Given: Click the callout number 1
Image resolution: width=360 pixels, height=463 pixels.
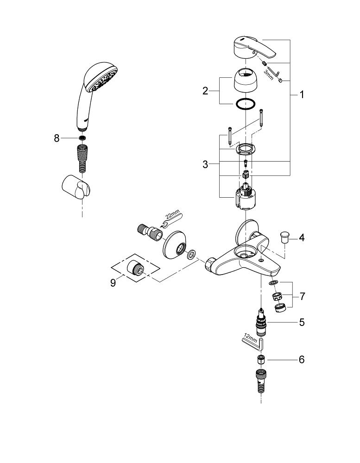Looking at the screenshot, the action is pyautogui.click(x=302, y=95).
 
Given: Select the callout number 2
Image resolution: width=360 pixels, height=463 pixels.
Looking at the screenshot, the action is pyautogui.click(x=205, y=91).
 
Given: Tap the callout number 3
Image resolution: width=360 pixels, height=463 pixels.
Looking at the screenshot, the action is pyautogui.click(x=205, y=164).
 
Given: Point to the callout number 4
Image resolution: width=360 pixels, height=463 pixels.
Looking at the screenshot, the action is pyautogui.click(x=302, y=238).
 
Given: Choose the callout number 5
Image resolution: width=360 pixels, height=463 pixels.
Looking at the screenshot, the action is pyautogui.click(x=302, y=322).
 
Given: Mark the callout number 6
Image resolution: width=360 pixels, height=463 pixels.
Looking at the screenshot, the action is pyautogui.click(x=302, y=360).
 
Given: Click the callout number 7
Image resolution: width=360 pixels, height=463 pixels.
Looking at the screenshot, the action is pyautogui.click(x=302, y=296).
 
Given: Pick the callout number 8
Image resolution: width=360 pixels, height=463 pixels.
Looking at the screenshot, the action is pyautogui.click(x=57, y=138).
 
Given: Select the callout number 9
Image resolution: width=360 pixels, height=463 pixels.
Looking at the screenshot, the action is pyautogui.click(x=113, y=283).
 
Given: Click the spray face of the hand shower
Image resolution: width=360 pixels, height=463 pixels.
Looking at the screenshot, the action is pyautogui.click(x=104, y=80).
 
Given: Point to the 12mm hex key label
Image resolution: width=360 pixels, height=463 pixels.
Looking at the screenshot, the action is pyautogui.click(x=251, y=337).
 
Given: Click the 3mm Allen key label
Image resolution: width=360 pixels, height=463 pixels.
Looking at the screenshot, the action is pyautogui.click(x=268, y=75).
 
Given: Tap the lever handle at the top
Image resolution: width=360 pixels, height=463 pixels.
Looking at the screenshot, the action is pyautogui.click(x=254, y=48).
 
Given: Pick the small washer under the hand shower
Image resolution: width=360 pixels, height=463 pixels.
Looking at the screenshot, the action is pyautogui.click(x=82, y=138).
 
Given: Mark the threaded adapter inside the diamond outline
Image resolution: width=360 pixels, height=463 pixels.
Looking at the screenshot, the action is pyautogui.click(x=135, y=267).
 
